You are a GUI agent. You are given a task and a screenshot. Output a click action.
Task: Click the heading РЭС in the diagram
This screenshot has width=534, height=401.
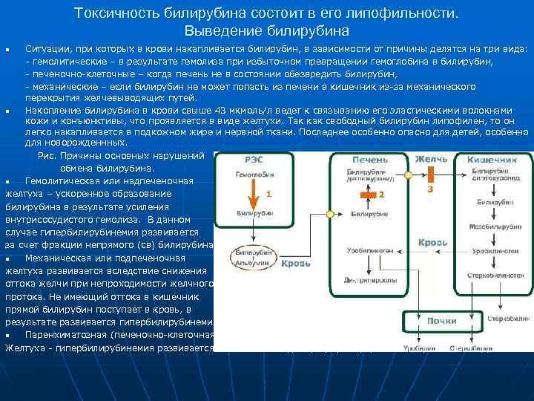252,159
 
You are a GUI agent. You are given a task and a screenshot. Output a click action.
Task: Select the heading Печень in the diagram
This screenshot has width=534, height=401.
369,159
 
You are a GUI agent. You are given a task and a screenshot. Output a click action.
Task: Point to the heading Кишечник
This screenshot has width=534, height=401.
492,159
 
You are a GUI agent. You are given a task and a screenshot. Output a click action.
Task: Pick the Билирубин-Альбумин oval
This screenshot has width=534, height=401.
251,255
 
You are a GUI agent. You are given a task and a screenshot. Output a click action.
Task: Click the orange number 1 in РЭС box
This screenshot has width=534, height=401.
268,193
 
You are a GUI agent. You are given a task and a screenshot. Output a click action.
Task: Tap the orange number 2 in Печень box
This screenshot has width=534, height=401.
381,194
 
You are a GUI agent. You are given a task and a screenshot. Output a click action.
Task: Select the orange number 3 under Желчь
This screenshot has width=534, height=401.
430,189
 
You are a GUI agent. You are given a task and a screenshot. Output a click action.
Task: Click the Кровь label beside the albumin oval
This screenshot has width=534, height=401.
295,264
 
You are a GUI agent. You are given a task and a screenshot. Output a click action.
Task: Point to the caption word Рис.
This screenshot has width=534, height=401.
47,155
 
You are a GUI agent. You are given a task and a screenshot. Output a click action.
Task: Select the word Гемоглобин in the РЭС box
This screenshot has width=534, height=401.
252,175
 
